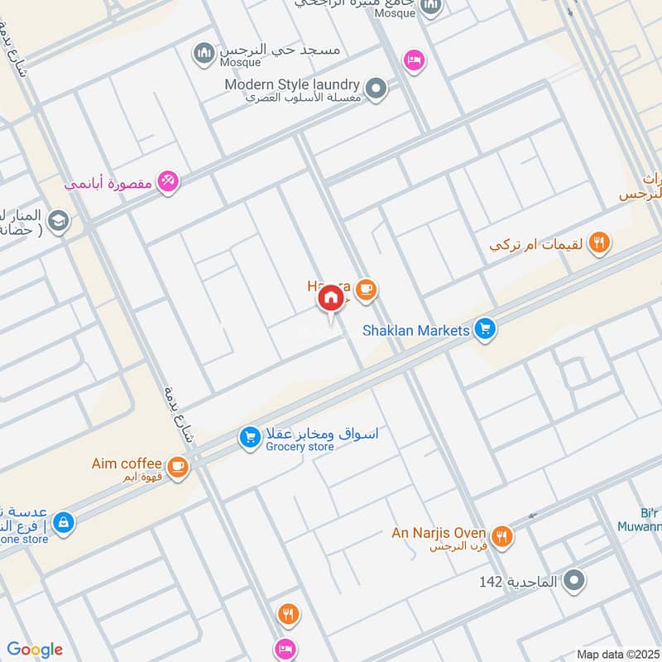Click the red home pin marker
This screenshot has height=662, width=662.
[331, 298]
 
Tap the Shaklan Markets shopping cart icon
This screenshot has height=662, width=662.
[485, 330]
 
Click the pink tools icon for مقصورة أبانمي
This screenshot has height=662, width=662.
[168, 181]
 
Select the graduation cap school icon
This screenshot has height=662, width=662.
[58, 221]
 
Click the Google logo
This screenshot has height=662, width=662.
[35, 650]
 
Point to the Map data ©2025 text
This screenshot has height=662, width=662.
[617, 654]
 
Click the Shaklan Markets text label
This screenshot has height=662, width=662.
[416, 330]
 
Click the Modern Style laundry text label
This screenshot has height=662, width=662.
[292, 84]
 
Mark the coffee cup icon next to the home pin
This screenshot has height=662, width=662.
[367, 289]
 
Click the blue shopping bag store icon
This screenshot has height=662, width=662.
[62, 522]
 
